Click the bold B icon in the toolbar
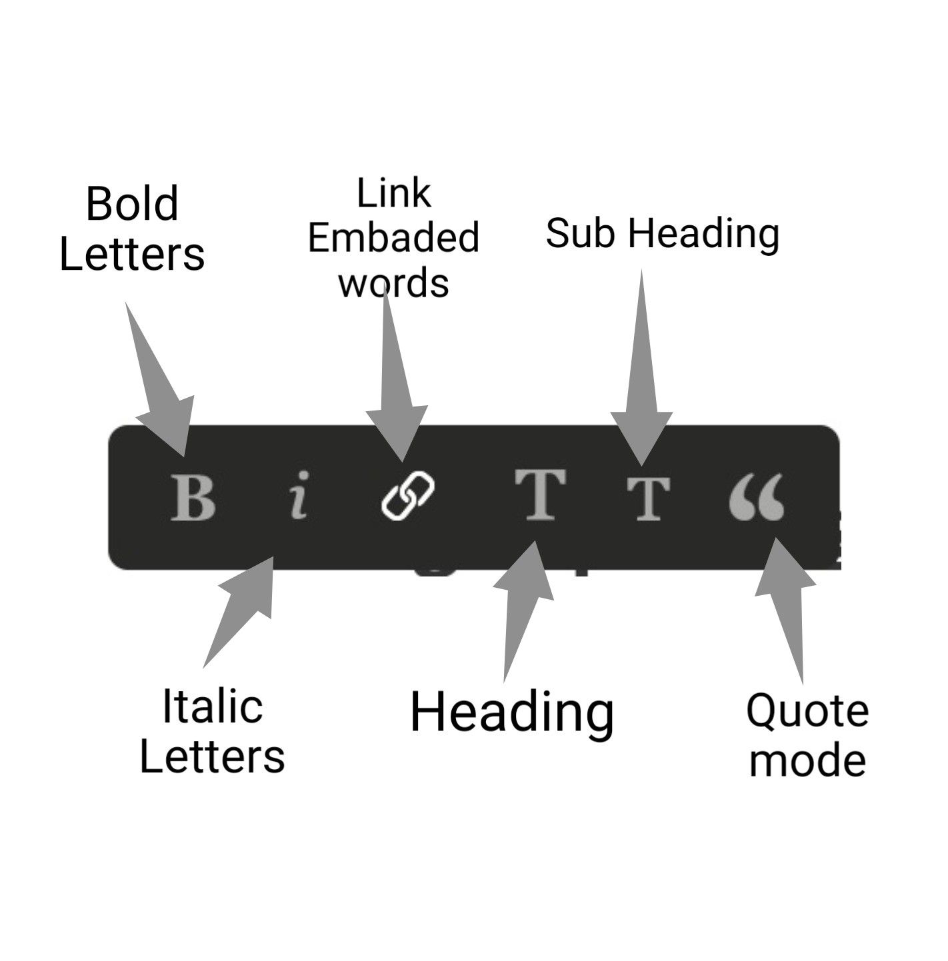coord(193,498)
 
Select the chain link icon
coord(407,496)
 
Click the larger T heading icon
coord(541,494)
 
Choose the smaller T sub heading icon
coord(649,498)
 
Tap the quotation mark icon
coord(757,497)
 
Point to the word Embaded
coord(394,238)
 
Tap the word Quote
coord(807,710)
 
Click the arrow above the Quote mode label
coord(785,610)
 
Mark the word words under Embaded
coord(394,283)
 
